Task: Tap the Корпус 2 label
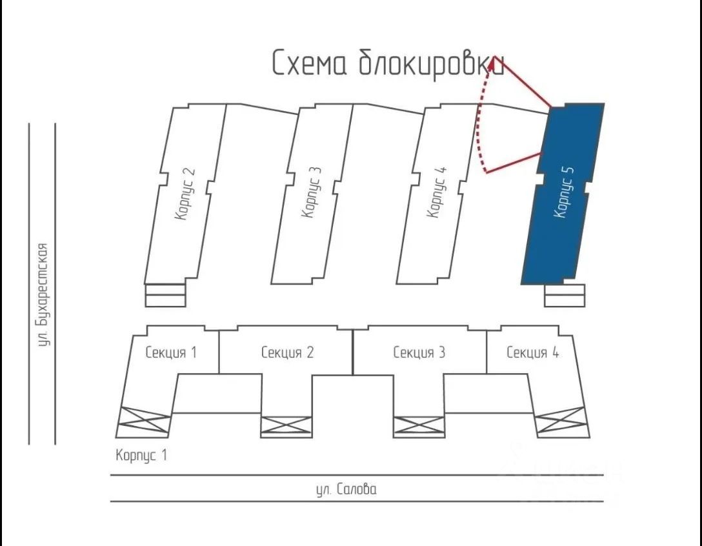tap(185, 194)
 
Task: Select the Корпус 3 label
tap(311, 192)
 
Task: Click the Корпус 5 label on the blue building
tap(564, 192)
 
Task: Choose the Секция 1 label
tap(171, 352)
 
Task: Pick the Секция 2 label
tap(287, 352)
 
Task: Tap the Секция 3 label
tap(419, 352)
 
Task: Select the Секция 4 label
tap(532, 352)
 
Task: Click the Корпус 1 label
tap(141, 455)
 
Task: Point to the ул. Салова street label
tap(346, 489)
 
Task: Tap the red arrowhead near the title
tap(496, 62)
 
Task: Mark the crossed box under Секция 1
tap(144, 423)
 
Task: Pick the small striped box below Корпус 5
tap(565, 296)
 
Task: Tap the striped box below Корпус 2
tap(165, 295)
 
